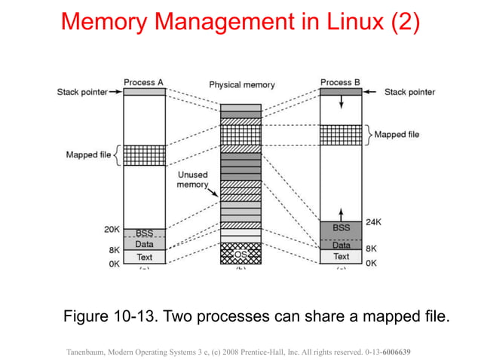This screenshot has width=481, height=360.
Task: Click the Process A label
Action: [x=143, y=82]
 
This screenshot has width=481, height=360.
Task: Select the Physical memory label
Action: [x=241, y=85]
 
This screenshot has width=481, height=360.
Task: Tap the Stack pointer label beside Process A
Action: [x=82, y=92]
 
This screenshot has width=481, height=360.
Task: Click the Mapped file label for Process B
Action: [x=396, y=135]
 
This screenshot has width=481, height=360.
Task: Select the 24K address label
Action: [x=372, y=223]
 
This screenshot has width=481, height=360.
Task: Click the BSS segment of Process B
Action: [x=341, y=228]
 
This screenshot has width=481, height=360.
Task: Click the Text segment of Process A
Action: [x=144, y=257]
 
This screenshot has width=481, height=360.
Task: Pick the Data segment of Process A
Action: [x=144, y=244]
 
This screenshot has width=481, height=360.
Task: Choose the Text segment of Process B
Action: [x=341, y=257]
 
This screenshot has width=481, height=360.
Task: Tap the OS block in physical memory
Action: [x=240, y=254]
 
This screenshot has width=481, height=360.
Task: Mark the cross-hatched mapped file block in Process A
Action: [x=144, y=155]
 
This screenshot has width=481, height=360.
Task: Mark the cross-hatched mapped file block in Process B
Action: [x=341, y=135]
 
